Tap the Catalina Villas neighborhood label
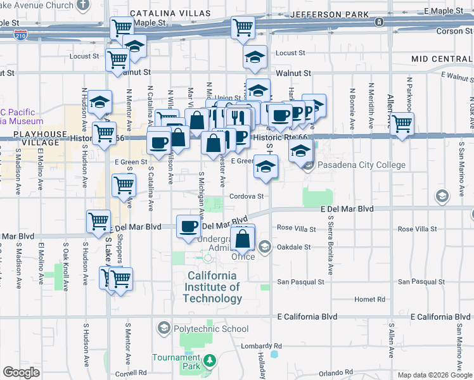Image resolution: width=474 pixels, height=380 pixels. click(x=171, y=13)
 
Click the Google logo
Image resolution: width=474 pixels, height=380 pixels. click(x=21, y=372)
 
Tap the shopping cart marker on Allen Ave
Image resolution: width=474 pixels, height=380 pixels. click(x=402, y=123)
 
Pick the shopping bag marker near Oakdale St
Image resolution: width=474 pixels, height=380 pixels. click(x=243, y=239)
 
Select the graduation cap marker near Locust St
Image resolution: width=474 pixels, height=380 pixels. click(x=255, y=56)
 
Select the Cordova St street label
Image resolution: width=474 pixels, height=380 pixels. click(x=247, y=196)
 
